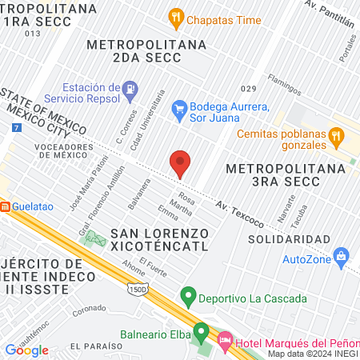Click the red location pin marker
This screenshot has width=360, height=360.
point(180,164)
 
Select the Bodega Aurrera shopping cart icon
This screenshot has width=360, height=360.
point(179,107)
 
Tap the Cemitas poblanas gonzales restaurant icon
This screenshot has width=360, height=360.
point(337,139)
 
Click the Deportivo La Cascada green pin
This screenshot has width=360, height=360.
point(189,298)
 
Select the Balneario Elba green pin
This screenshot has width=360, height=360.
point(201,330)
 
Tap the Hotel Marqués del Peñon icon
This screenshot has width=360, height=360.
point(225,342)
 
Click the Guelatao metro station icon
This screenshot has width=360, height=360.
point(4,206)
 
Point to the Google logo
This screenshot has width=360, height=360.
point(26,350)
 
